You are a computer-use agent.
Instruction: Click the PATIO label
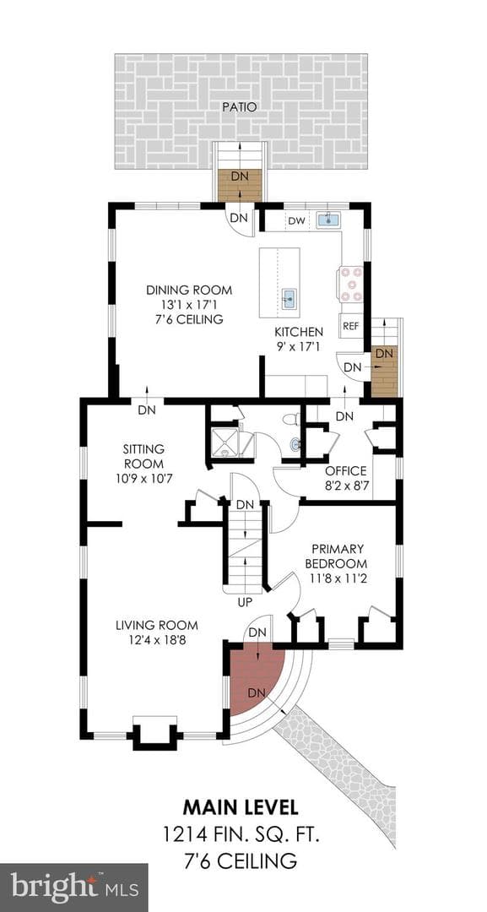click(241, 107)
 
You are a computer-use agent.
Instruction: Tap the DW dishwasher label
click(296, 220)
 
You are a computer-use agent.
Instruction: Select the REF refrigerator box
click(350, 326)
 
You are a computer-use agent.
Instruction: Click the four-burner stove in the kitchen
click(352, 283)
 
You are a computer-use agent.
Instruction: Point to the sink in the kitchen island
click(289, 300)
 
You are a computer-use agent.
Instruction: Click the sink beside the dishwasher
click(329, 220)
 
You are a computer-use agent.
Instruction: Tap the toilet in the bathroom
click(291, 420)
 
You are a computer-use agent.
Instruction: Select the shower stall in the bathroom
click(224, 444)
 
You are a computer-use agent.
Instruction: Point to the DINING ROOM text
click(189, 290)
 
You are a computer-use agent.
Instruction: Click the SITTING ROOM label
click(143, 457)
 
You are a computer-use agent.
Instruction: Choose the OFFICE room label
click(346, 470)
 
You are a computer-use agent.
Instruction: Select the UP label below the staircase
click(246, 603)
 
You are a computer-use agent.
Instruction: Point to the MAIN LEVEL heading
click(241, 807)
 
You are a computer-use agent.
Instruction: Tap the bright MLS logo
click(73, 888)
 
